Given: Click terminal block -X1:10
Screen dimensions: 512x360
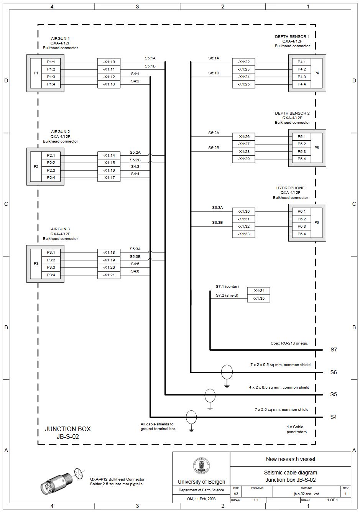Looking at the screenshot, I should [x=109, y=62].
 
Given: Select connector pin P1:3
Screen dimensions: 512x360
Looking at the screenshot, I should [x=51, y=77].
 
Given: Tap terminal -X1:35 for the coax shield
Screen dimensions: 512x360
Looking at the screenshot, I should [x=259, y=298].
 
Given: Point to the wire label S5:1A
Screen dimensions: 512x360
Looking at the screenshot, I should [x=150, y=58].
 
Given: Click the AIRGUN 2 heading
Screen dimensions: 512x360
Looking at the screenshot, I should [x=61, y=132].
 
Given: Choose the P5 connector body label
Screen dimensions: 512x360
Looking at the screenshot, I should [x=316, y=148].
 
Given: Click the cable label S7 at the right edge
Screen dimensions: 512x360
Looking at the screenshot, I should [x=334, y=350].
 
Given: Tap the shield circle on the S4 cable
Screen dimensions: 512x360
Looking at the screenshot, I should [x=191, y=417].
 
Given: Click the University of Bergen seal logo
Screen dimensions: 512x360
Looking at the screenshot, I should [x=201, y=466].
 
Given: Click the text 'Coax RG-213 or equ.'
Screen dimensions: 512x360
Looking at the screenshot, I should [x=289, y=343].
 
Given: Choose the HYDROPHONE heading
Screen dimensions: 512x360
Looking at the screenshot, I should [x=291, y=188].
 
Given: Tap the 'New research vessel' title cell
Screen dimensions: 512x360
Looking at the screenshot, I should [x=290, y=459].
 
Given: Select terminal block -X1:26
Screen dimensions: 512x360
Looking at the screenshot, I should [x=243, y=137].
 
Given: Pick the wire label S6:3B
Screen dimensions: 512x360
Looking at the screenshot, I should [x=217, y=222].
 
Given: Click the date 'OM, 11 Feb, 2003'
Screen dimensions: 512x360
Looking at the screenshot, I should [x=201, y=499].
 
